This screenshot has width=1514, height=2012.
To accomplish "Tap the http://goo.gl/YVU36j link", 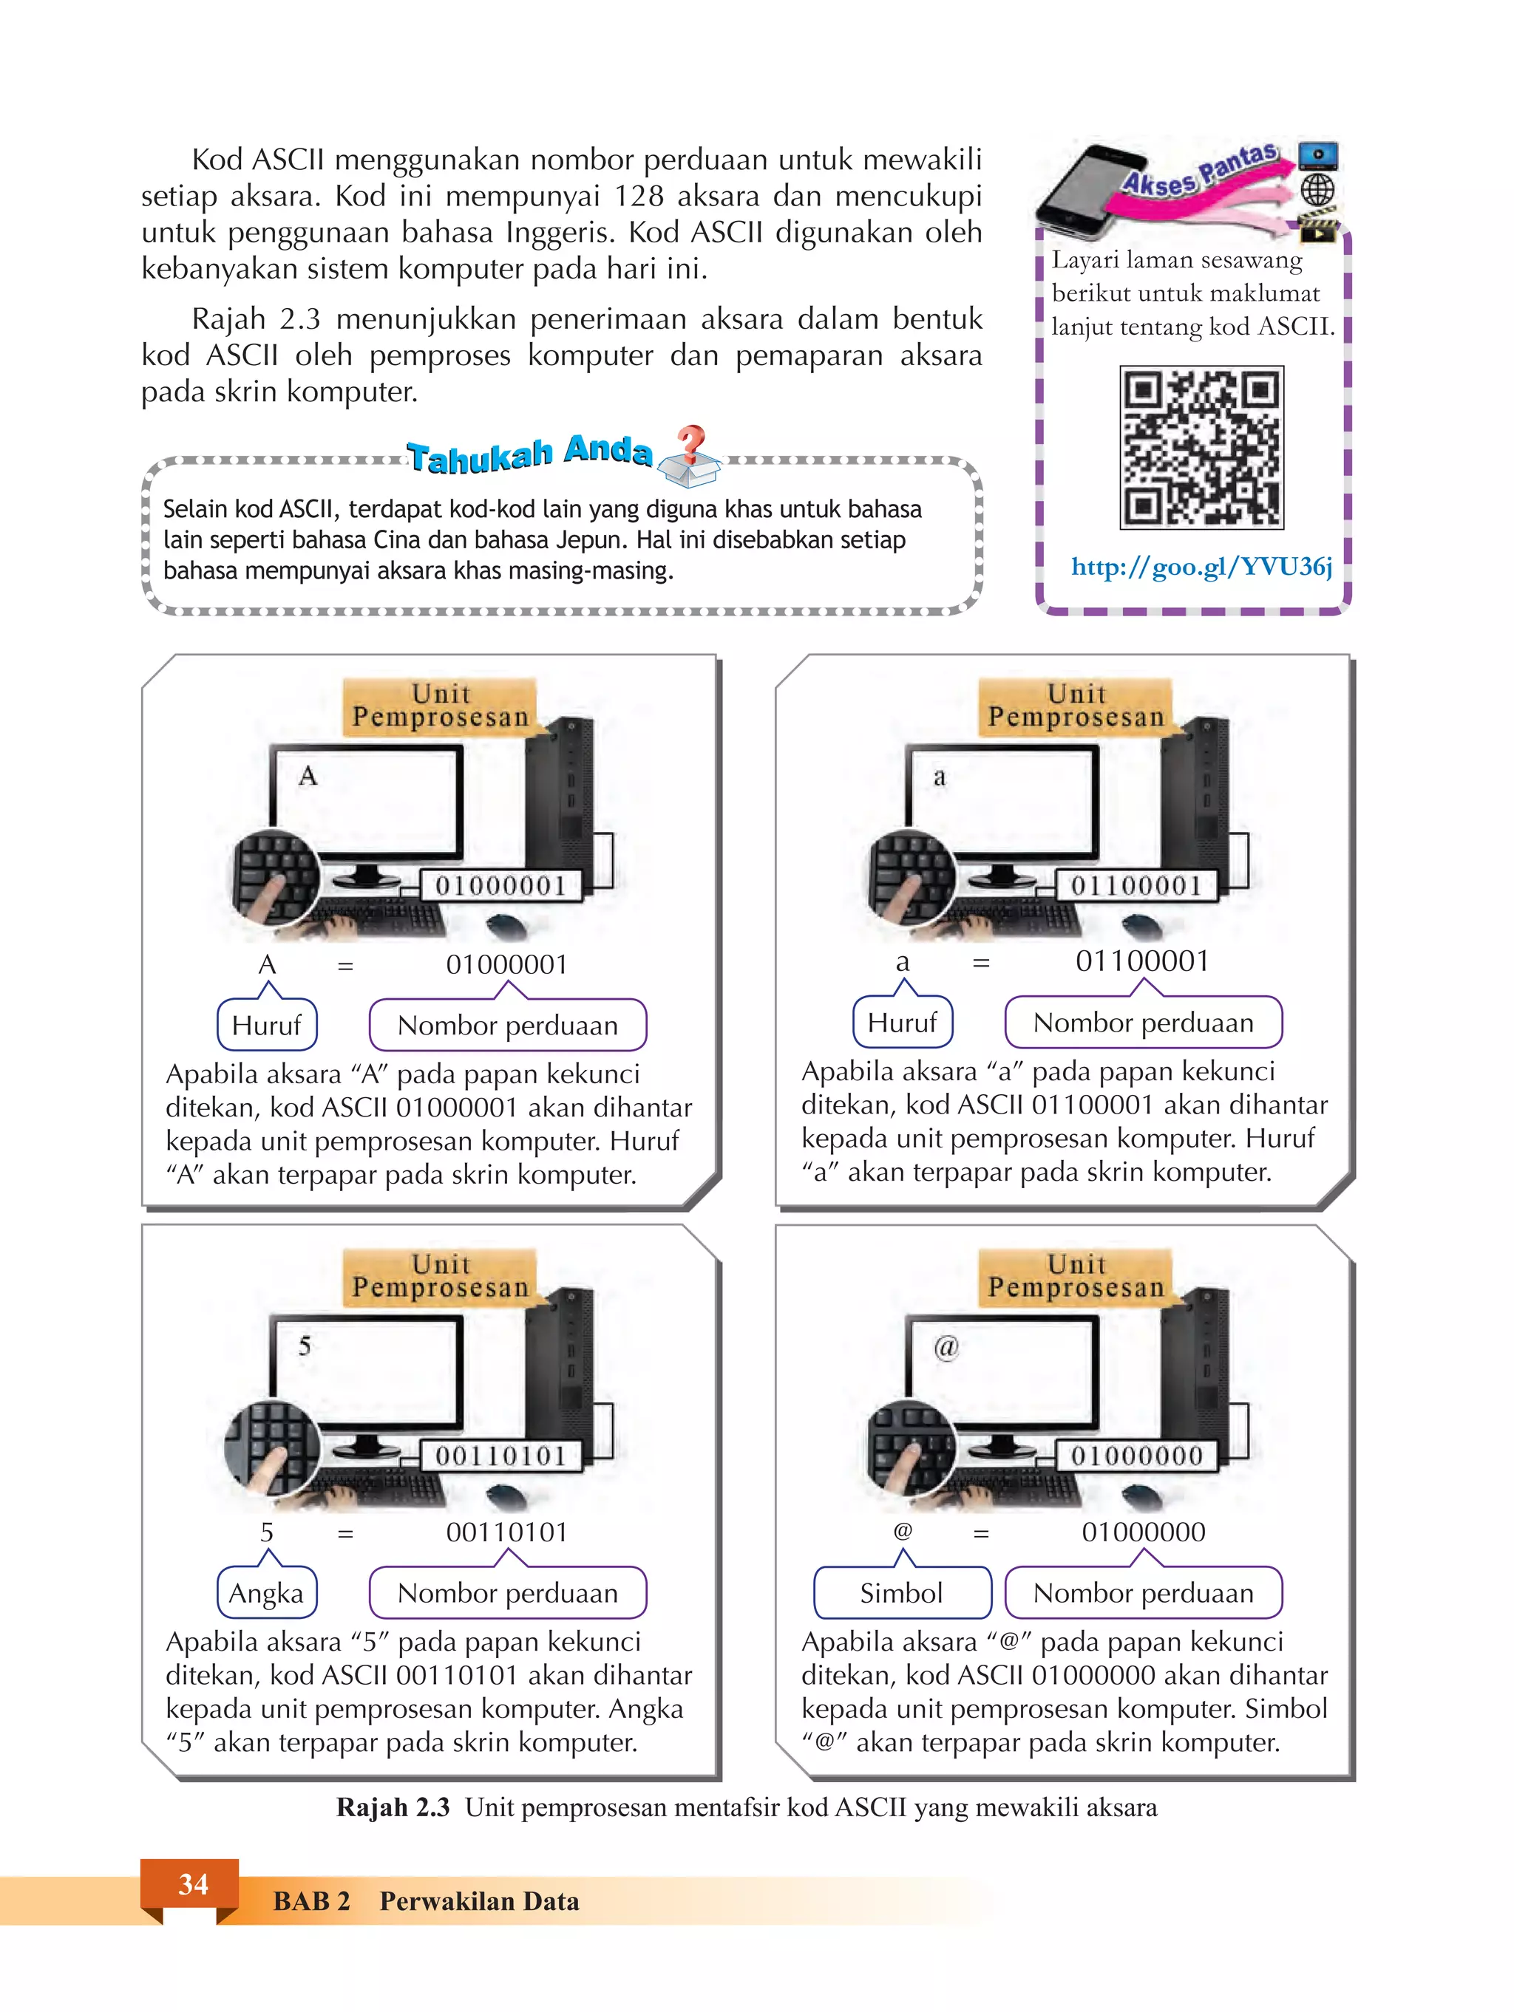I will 1201,567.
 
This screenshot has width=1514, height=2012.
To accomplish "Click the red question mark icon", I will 691,443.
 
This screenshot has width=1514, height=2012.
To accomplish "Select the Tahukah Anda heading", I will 529,454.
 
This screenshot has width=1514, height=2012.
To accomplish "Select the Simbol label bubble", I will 902,1593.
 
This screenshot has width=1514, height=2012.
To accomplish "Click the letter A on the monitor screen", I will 308,776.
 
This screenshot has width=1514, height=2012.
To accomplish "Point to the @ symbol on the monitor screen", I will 946,1346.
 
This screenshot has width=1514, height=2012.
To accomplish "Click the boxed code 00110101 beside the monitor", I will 500,1456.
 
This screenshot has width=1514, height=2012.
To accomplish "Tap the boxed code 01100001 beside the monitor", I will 1135,885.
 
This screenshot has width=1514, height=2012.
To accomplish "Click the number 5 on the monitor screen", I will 305,1346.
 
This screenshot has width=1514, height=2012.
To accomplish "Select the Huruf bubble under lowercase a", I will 902,1023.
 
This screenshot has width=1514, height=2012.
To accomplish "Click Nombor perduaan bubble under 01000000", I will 1143,1593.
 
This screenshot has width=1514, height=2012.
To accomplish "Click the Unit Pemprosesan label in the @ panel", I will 1076,1275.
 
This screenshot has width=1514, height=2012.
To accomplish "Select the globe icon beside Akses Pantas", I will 1317,190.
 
